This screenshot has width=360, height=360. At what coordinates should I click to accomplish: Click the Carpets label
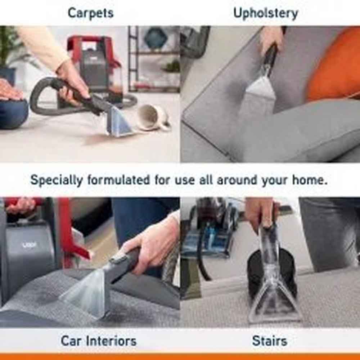[x=90, y=13]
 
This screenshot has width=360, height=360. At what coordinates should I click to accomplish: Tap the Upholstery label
[x=266, y=13]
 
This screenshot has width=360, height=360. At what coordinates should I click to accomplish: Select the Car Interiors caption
[x=99, y=341]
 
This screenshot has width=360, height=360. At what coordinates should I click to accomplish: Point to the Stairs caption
[x=270, y=341]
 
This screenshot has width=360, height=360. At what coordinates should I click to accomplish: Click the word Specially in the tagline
[x=57, y=180]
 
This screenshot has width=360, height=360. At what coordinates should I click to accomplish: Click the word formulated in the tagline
[x=118, y=180]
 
